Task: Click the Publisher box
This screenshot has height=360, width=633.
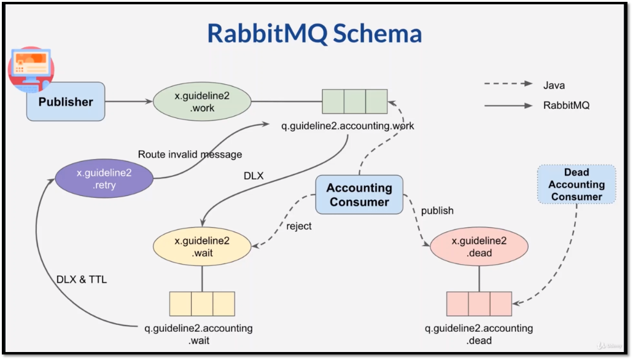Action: pos(66,102)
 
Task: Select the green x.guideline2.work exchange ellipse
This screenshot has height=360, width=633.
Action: pos(202,101)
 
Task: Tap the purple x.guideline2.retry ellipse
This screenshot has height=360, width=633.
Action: pos(104,179)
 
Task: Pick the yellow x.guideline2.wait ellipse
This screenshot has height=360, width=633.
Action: pos(202,247)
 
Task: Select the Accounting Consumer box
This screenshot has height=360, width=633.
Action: pos(359,195)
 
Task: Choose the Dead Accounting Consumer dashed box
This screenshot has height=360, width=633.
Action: pos(577,184)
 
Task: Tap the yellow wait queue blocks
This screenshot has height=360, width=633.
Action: pos(202,303)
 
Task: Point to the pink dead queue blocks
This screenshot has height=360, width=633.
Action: pos(479,303)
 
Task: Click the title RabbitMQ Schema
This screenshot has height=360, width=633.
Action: pos(314,33)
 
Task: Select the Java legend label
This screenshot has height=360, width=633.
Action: pos(554,85)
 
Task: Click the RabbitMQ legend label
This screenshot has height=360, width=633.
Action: pos(566,105)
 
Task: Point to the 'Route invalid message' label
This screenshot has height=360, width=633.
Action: pos(190,154)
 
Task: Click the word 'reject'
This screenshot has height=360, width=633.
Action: pos(299,226)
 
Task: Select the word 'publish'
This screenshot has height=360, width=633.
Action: pos(437,211)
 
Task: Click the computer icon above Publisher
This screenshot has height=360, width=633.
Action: pos(31,68)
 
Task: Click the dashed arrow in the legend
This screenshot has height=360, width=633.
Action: pos(508,85)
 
